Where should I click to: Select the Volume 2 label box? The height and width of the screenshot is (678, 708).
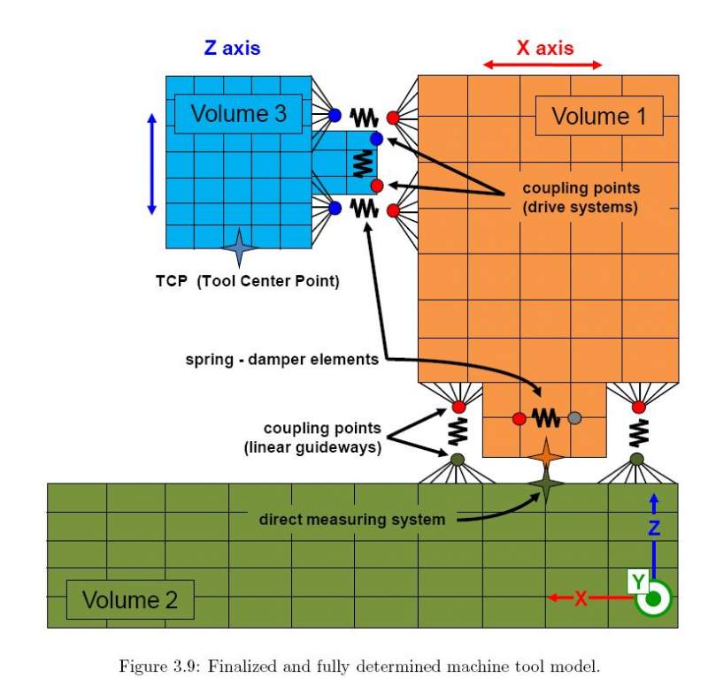pyautogui.click(x=130, y=600)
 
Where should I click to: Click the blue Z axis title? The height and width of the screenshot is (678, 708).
pyautogui.click(x=232, y=48)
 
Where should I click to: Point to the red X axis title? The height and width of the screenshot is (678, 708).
pyautogui.click(x=545, y=48)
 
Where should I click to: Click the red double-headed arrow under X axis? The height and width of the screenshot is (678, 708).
pyautogui.click(x=543, y=65)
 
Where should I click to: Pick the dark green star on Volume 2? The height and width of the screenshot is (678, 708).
pyautogui.click(x=546, y=484)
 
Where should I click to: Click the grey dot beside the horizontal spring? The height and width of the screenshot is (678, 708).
pyautogui.click(x=574, y=417)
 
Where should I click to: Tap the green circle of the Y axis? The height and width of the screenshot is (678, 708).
pyautogui.click(x=654, y=598)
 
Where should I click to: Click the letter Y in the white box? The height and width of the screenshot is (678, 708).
pyautogui.click(x=637, y=582)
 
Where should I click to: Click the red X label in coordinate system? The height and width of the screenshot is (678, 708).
pyautogui.click(x=581, y=598)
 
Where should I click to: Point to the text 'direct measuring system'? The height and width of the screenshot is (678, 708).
pyautogui.click(x=352, y=519)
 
